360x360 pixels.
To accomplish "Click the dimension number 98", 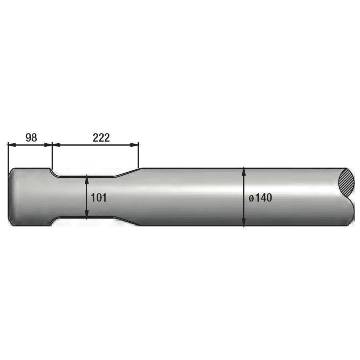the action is pos(31,138).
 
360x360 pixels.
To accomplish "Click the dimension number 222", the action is pos(101,138).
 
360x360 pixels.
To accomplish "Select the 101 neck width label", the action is pos(99,198).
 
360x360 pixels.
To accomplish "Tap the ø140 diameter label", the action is pos(260,198).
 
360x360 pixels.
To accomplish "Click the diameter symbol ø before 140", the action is pos(251,198).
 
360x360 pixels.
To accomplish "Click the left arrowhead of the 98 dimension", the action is pos(12,145).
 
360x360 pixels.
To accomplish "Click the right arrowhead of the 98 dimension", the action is pos(48,145).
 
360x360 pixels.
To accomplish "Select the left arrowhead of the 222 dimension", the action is pos(56,145).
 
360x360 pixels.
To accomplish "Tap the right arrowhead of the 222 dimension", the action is pos(134,145).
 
